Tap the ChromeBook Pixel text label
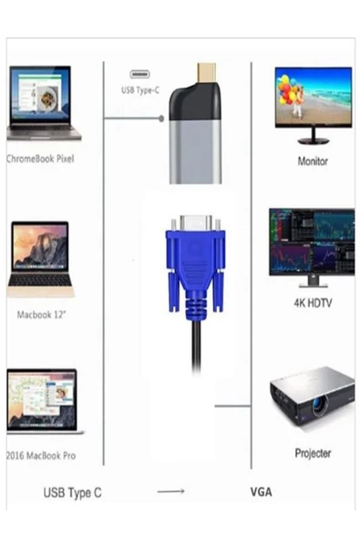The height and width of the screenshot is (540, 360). tap(40, 158)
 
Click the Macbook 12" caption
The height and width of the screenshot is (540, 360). tap(42, 315)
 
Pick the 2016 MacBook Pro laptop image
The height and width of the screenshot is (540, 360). tap(42, 400)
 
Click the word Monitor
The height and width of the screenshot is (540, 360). tap(313, 161)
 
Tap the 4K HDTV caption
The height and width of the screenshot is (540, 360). tap(312, 302)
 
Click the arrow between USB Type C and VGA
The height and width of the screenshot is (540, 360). tap(171, 493)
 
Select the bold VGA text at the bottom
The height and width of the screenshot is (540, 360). tap(261, 493)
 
